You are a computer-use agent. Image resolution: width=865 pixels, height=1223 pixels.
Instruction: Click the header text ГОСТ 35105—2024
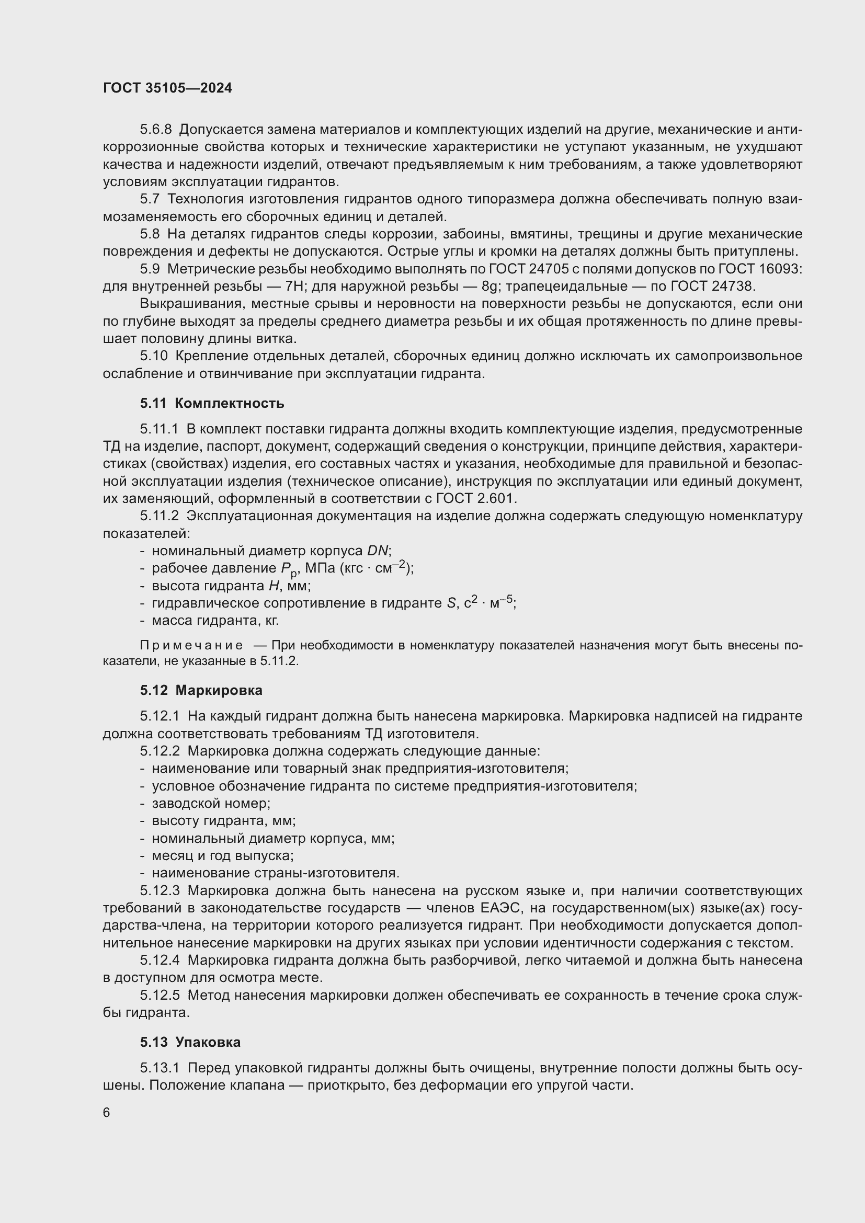pos(167,88)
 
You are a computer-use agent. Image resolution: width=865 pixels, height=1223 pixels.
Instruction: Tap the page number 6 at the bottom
pos(107,1113)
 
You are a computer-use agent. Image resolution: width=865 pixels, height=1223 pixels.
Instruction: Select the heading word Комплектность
pos(229,403)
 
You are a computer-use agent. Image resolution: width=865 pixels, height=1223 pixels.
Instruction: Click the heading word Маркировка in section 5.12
pos(219,690)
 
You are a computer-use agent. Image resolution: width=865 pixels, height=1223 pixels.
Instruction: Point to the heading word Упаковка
pos(208,1042)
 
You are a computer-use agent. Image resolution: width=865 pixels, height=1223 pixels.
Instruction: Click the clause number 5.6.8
pos(155,130)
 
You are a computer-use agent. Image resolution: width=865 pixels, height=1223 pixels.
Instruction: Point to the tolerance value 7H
pos(293,287)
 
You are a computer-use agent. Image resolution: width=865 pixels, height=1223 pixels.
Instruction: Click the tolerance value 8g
pos(488,287)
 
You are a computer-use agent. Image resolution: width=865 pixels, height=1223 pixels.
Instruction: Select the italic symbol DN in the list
pos(378,551)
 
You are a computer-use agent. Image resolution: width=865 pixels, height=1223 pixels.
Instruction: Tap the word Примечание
pos(191,646)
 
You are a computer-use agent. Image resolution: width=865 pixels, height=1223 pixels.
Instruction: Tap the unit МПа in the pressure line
pos(320,568)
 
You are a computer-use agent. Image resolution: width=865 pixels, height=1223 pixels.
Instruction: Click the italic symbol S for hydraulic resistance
pos(451,603)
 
